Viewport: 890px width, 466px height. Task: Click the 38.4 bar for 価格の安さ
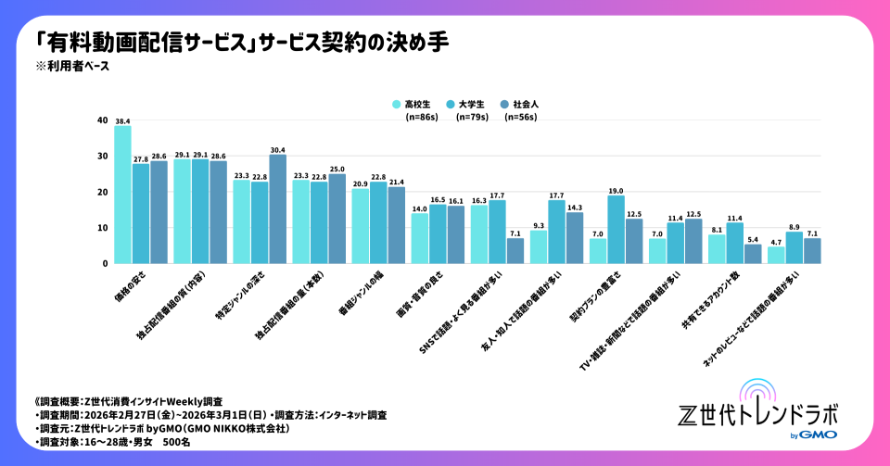pos(122,195)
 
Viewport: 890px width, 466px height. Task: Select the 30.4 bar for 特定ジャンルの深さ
pos(277,208)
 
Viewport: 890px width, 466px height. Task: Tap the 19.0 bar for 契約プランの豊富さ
pos(615,229)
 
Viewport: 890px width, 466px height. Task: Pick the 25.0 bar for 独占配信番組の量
pos(337,219)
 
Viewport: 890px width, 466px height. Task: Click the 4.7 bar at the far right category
pos(775,255)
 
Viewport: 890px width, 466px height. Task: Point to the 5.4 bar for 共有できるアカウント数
pos(754,253)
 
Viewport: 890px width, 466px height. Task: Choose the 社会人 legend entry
pos(524,105)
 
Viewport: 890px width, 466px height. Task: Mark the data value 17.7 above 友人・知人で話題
pos(555,194)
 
